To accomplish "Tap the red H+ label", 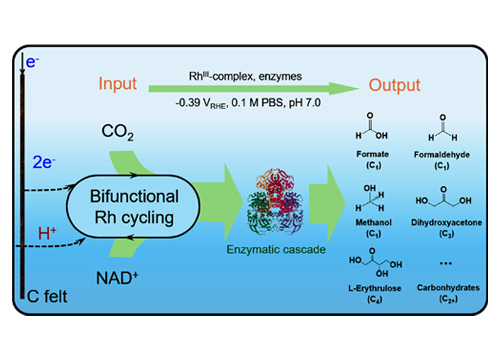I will (46, 234).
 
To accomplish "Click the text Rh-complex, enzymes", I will (250, 67).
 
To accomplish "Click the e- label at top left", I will (33, 63).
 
